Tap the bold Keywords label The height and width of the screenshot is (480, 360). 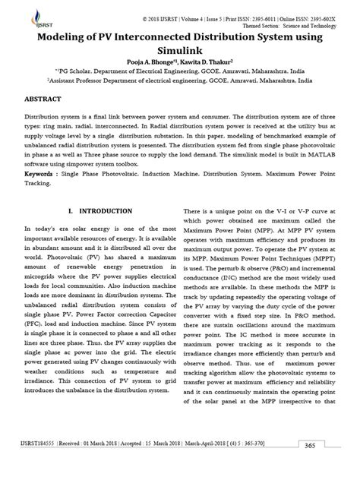(42, 173)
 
